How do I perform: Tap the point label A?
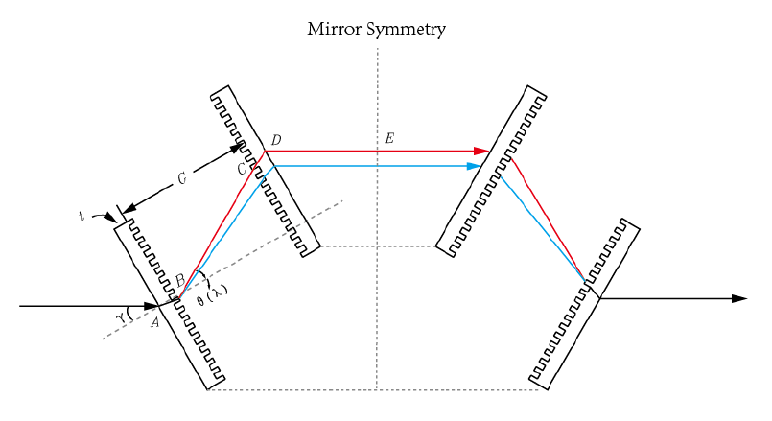(154, 322)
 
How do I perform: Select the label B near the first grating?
(179, 280)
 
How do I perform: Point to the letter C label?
(242, 169)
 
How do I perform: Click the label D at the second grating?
(276, 141)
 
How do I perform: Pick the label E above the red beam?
(388, 139)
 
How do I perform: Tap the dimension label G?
(181, 179)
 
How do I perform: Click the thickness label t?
(82, 216)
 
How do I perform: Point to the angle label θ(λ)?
(212, 295)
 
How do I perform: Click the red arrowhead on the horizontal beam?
(481, 151)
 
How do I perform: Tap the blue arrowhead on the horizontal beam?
(473, 166)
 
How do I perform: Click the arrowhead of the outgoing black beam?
(738, 298)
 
